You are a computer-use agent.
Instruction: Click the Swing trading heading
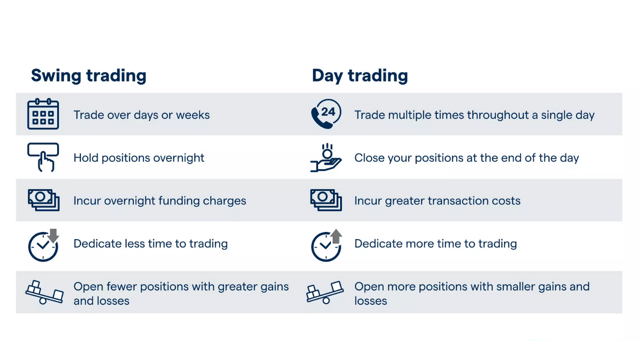point(89,76)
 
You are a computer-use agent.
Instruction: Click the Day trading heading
point(360,76)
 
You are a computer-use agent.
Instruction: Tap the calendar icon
point(43,114)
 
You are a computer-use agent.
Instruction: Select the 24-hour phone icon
point(326,114)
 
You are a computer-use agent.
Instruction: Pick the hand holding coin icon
point(326,157)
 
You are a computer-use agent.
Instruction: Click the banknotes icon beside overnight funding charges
point(44,200)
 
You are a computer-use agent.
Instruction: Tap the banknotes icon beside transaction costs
point(326,200)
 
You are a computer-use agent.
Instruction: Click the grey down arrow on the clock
point(53,235)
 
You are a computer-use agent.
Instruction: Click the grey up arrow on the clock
point(336,236)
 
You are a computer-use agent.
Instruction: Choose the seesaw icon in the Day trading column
point(325,292)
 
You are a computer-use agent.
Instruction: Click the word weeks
point(193,115)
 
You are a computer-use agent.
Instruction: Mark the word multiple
point(409,115)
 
